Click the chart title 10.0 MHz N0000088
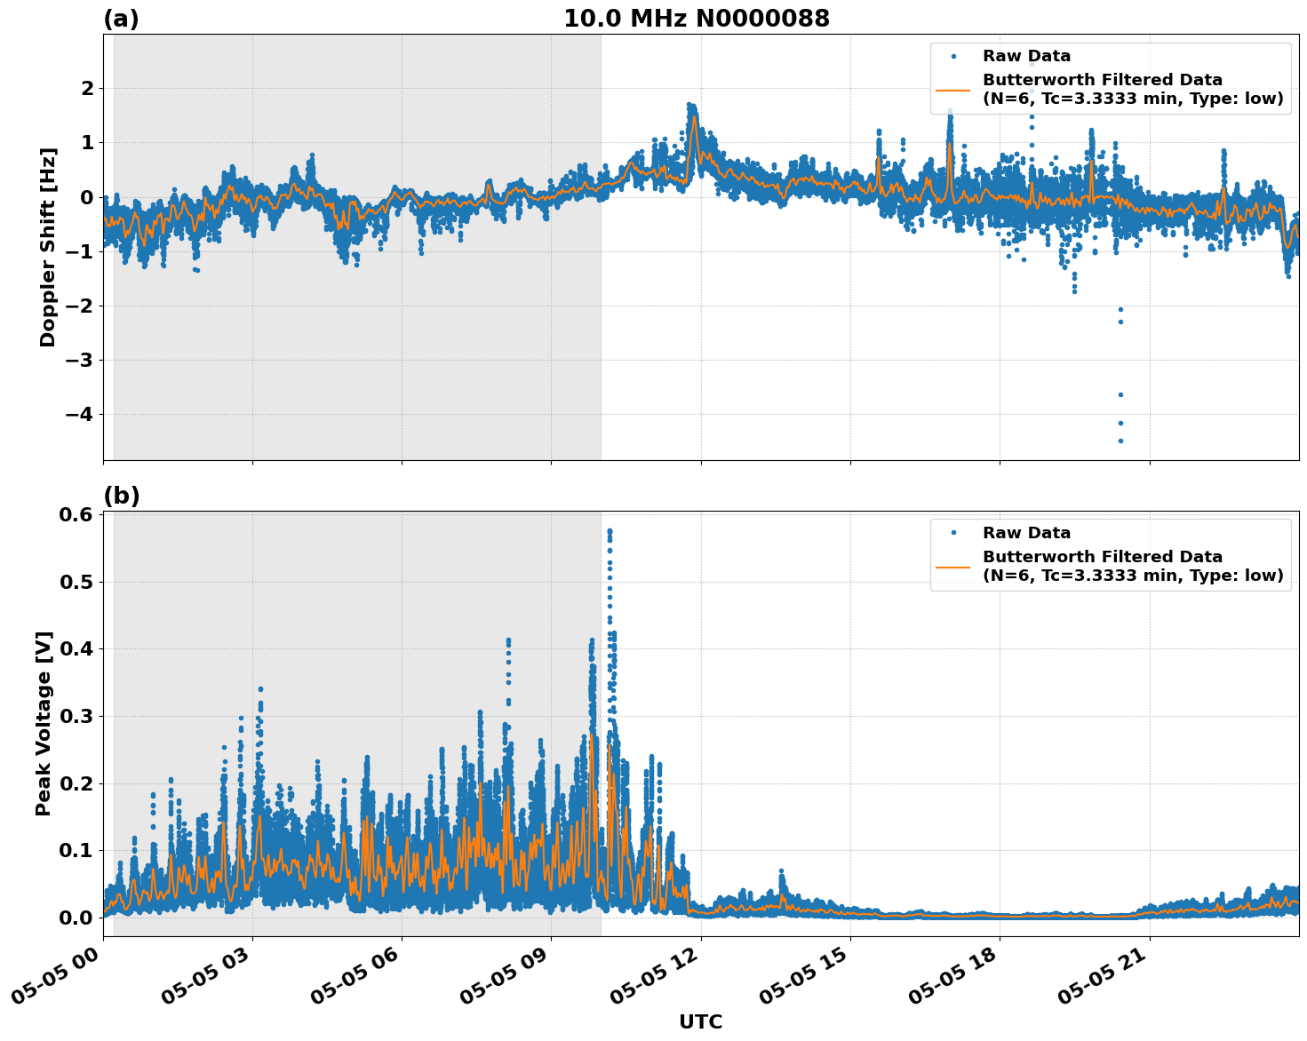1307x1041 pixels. (x=696, y=19)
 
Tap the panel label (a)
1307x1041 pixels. (x=121, y=19)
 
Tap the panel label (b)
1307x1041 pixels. (x=121, y=496)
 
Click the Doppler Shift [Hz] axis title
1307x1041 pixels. (x=48, y=247)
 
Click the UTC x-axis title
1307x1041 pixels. (x=700, y=1022)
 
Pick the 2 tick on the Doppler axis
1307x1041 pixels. (x=87, y=89)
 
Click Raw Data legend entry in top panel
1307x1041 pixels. (x=1026, y=57)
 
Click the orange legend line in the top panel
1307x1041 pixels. (x=953, y=90)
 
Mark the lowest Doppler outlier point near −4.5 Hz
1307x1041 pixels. (x=1120, y=441)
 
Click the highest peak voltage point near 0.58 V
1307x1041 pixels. (x=610, y=531)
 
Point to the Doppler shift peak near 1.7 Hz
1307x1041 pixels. (x=690, y=106)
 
